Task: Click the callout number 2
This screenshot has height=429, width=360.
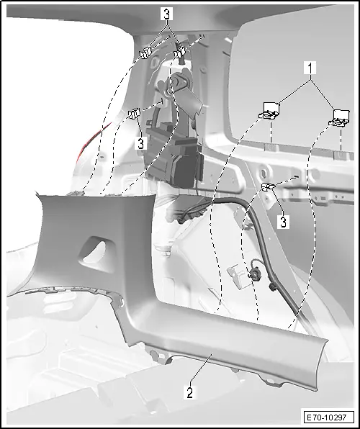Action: pos(189,393)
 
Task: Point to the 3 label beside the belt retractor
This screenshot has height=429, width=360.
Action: pos(140,143)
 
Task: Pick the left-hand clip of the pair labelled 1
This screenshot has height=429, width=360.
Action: pos(270,109)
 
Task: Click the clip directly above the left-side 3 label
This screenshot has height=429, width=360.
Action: pos(134,114)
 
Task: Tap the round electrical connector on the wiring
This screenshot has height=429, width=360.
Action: pos(255,274)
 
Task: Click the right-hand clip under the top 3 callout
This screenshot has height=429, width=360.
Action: pos(181,51)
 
